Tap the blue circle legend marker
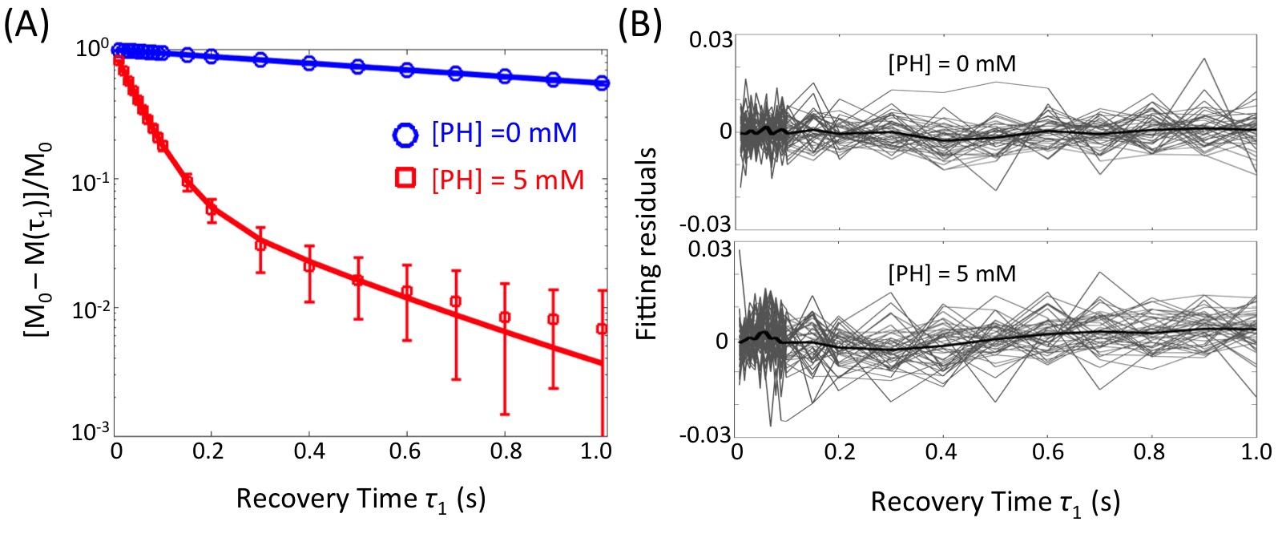pos(405,134)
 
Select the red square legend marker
pos(405,178)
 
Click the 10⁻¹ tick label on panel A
pos(90,182)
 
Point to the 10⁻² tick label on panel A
pos(90,309)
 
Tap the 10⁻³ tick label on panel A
pos(90,432)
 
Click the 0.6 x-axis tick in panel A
pos(405,451)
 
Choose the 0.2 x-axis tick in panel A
pos(208,451)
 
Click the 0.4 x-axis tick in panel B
pos(941,452)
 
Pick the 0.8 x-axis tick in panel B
pos(1149,452)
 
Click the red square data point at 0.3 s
pos(260,245)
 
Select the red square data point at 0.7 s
pos(456,301)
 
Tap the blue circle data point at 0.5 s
pos(358,66)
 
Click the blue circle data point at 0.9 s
pos(553,79)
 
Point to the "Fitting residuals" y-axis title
pos(647,244)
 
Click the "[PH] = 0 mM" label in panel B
pos(952,63)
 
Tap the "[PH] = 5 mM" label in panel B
pos(952,274)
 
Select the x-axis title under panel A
pos(361,499)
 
